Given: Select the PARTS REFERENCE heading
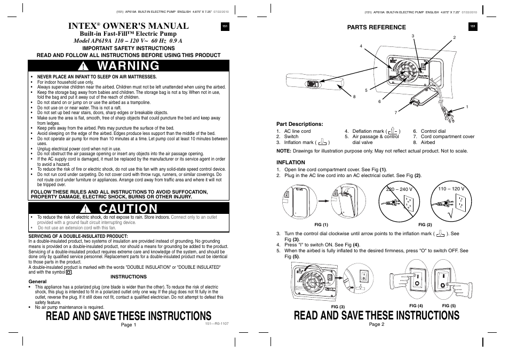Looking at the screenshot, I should click(377, 27).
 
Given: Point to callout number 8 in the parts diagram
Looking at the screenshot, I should click(354, 97).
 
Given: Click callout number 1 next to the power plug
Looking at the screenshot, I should click(467, 107).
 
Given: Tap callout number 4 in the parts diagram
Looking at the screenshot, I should click(361, 46).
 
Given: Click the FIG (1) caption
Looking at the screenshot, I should click(321, 225).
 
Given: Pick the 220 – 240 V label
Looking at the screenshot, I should click(400, 189).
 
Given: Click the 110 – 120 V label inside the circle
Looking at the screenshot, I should click(451, 189).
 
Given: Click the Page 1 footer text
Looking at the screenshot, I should click(129, 325).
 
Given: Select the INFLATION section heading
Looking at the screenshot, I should click(290, 162).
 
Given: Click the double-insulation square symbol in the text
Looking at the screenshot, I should click(69, 272).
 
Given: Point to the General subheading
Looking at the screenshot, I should click(37, 282).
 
